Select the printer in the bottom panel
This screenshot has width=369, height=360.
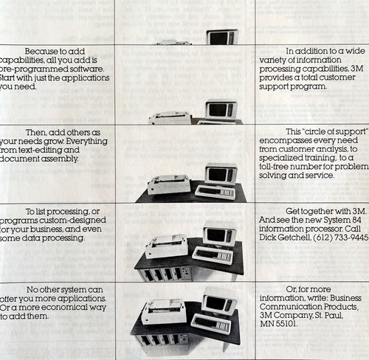163,311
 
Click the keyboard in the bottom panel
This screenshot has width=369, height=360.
210,324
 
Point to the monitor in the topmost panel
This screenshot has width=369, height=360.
221,37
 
